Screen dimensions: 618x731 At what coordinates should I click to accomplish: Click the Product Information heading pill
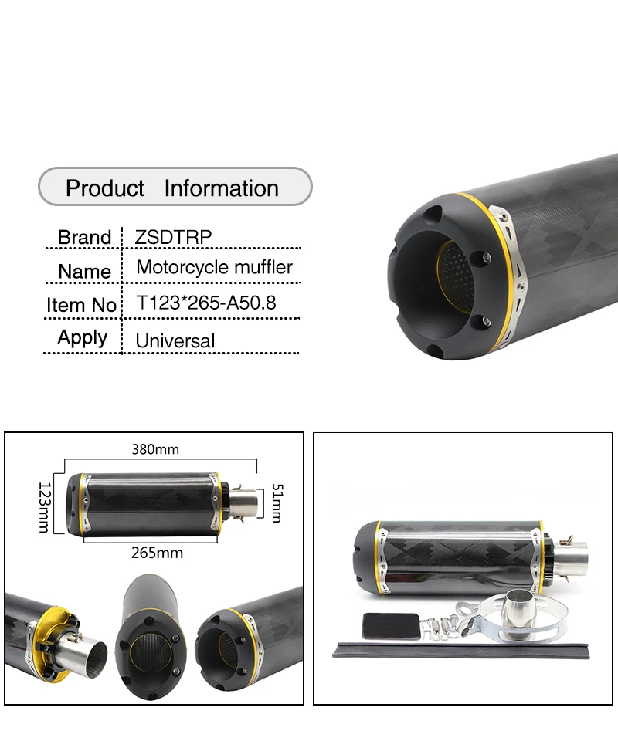175,188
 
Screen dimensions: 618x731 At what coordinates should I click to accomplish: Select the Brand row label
85,237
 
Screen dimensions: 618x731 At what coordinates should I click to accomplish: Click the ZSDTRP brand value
172,237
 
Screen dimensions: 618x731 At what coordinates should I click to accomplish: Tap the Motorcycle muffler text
214,268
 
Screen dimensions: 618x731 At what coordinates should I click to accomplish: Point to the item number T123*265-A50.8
205,303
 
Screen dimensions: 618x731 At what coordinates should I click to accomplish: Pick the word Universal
175,340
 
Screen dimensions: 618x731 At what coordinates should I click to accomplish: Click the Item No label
81,305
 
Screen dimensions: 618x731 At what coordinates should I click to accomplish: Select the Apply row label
83,337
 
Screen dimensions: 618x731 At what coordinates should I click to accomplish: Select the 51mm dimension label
277,503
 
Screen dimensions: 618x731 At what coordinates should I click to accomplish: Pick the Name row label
84,272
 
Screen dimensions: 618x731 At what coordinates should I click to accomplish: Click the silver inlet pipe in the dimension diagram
242,503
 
